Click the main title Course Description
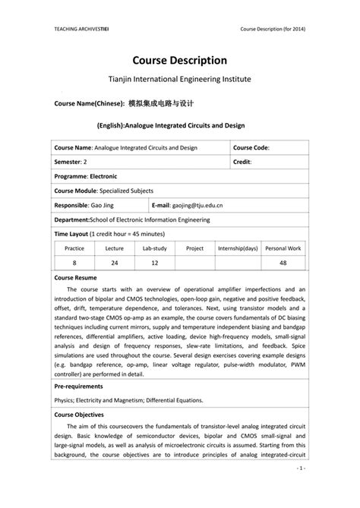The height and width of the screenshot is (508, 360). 180,59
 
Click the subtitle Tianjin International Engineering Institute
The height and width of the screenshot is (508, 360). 180,79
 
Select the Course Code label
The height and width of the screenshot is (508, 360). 251,147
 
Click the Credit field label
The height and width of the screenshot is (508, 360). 242,162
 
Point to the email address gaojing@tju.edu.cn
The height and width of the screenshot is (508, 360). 208,205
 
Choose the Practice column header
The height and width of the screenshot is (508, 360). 74,248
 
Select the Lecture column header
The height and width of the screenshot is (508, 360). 115,248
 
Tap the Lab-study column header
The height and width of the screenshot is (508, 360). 155,248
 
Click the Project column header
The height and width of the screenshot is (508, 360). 194,248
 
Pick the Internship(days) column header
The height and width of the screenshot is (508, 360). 238,248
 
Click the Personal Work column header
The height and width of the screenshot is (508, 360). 283,248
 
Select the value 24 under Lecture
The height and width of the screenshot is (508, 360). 115,262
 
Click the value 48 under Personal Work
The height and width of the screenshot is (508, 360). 283,262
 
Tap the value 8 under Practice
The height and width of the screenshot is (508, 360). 74,262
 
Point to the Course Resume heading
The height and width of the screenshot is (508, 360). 75,278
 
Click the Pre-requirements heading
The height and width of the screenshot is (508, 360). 79,386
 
